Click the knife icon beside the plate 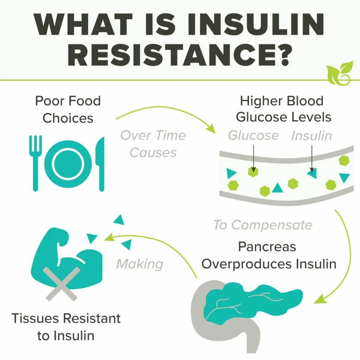[x=101, y=164]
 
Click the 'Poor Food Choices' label [x=68, y=109]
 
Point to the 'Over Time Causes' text [x=153, y=144]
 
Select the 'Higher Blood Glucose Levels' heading [x=283, y=109]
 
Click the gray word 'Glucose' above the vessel [x=253, y=135]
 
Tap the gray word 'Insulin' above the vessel [x=311, y=136]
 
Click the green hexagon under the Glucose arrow [x=253, y=172]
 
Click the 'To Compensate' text [x=263, y=225]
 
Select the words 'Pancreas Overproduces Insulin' [x=269, y=255]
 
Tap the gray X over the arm [x=62, y=283]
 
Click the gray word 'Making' [x=140, y=264]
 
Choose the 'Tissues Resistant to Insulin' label [x=66, y=327]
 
